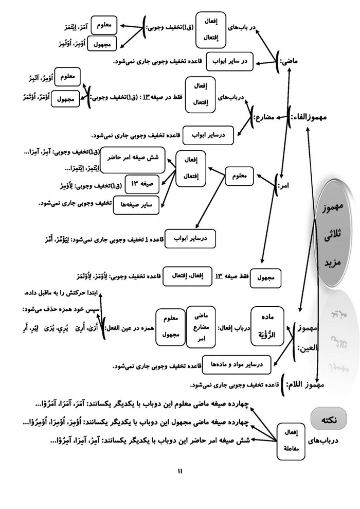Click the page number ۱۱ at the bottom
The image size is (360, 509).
[x=180, y=470]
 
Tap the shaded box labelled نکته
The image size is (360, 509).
[x=329, y=419]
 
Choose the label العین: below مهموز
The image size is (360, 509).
[x=309, y=347]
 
